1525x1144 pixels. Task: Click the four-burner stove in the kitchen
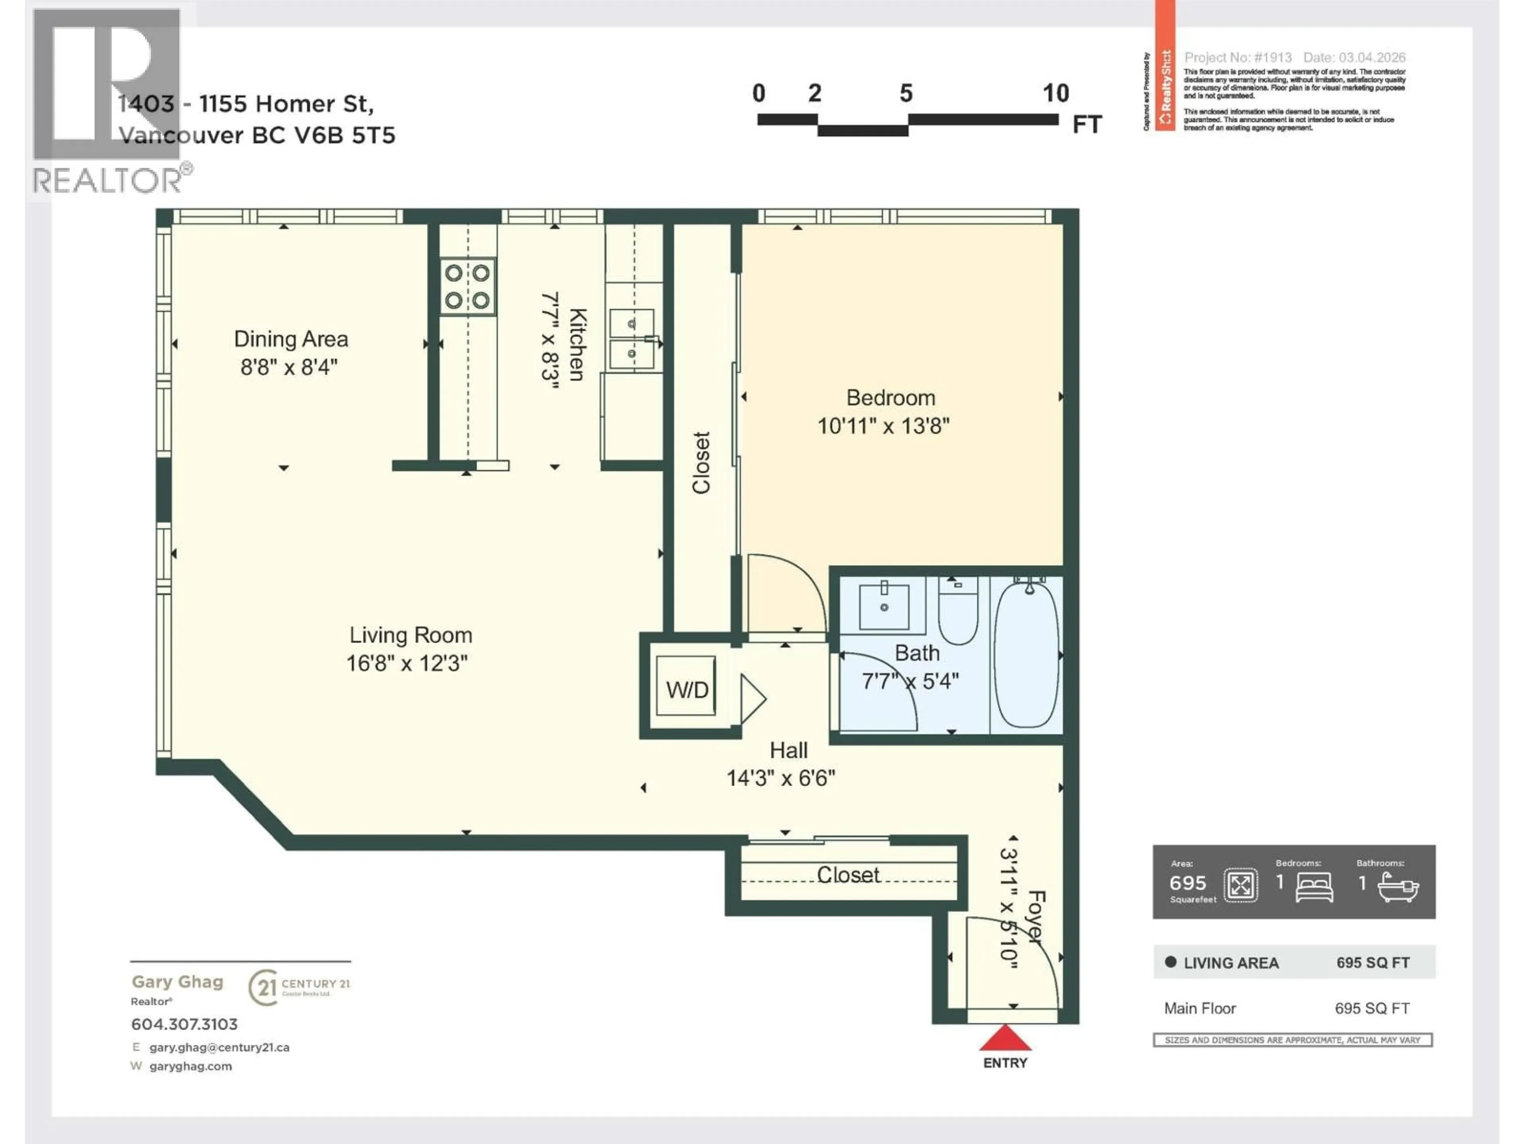tap(467, 286)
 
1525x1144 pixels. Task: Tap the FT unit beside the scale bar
tap(1087, 125)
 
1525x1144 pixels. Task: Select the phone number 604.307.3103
tap(184, 1024)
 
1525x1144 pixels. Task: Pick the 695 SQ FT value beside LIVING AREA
tap(1372, 962)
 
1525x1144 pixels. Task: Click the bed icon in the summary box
tap(1314, 887)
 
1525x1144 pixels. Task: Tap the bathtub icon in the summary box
tap(1398, 887)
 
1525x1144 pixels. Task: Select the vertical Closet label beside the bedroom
tap(701, 463)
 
